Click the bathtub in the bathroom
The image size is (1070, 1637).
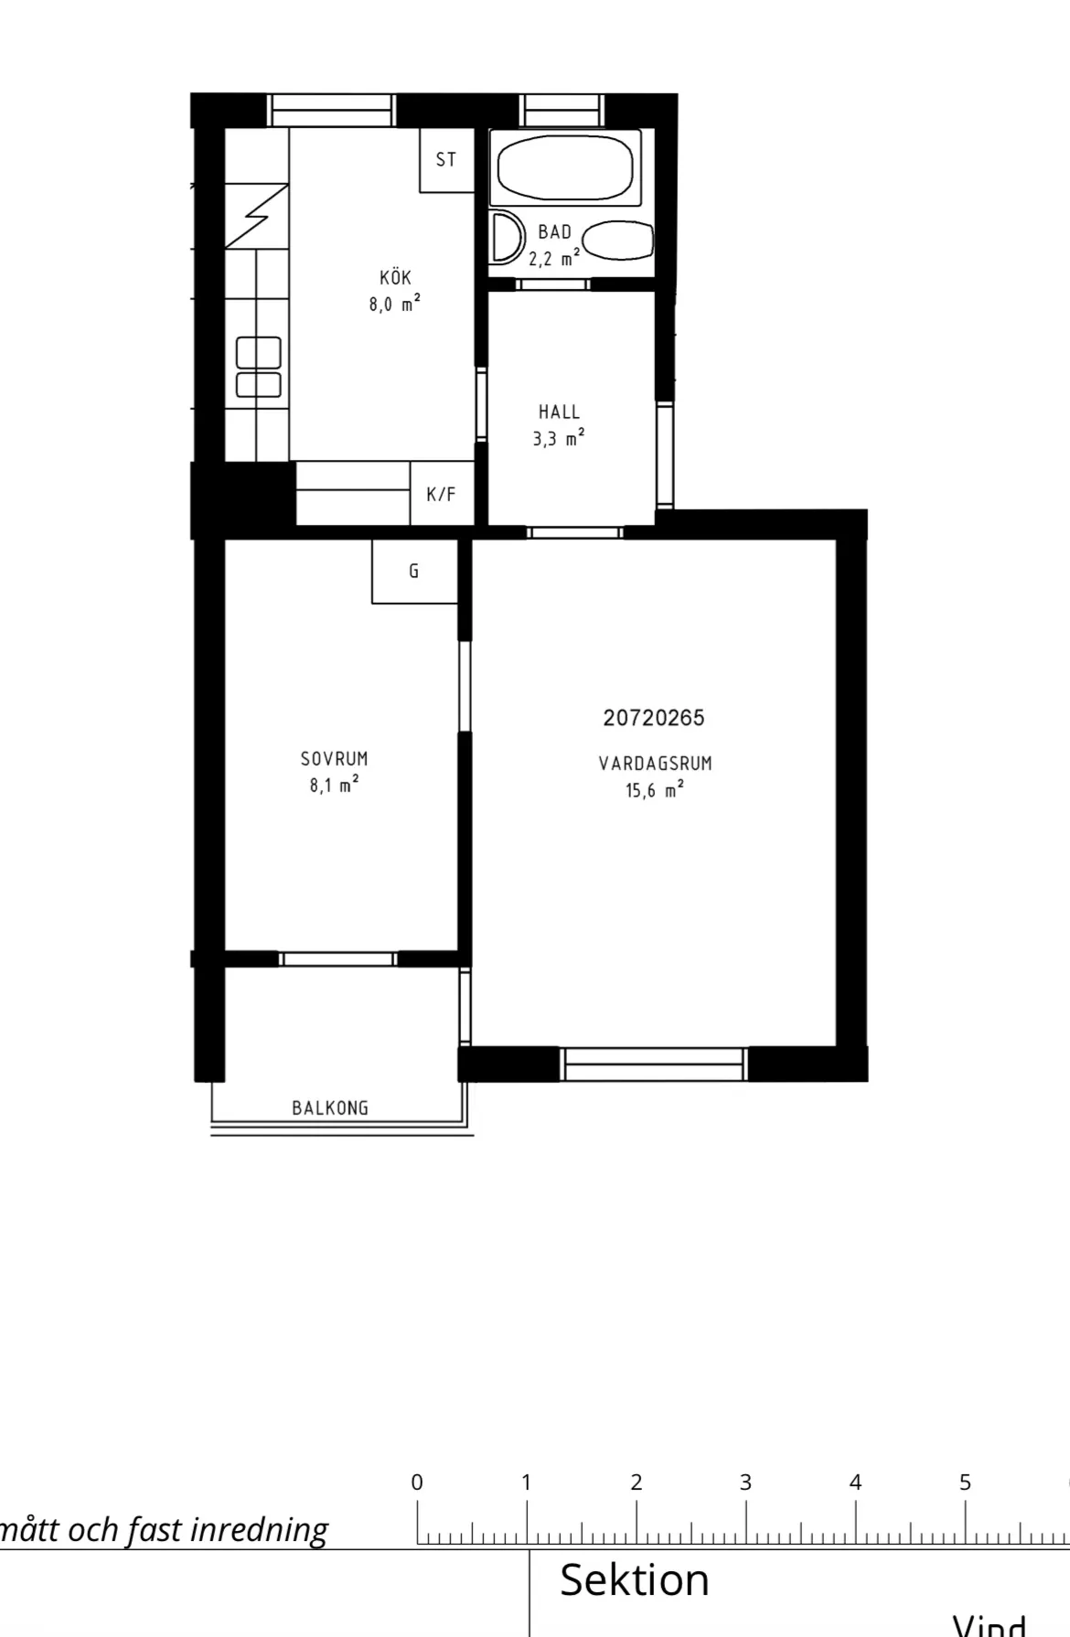[x=564, y=166]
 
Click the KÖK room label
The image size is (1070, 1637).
[x=396, y=277]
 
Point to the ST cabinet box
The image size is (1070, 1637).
[x=446, y=160]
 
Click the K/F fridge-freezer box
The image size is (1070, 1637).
[x=441, y=495]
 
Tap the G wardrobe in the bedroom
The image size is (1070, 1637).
[x=414, y=572]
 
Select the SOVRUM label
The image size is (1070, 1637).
[x=335, y=759]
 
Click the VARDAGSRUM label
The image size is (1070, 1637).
[x=655, y=764]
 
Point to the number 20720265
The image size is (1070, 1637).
[x=654, y=718]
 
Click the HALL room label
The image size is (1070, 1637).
[x=559, y=412]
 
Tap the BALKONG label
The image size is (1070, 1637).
[x=330, y=1108]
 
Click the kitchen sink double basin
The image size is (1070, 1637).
[x=259, y=367]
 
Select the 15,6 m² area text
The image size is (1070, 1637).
[x=655, y=790]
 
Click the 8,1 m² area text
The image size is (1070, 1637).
[x=334, y=785]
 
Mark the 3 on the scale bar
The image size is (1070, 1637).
[x=745, y=1482]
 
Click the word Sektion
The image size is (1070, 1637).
[x=635, y=1580]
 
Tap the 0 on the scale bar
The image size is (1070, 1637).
[x=417, y=1482]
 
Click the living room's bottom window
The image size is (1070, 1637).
[x=654, y=1064]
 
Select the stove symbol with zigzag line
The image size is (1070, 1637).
[x=257, y=216]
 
